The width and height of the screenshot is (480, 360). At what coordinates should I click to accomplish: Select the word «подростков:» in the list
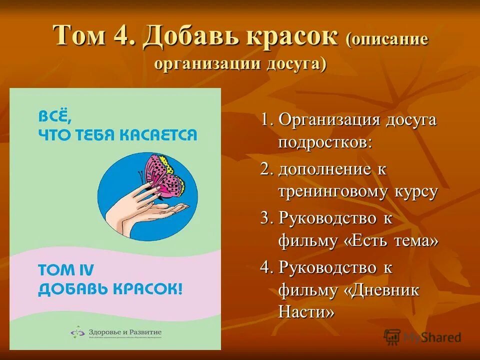(x=325, y=142)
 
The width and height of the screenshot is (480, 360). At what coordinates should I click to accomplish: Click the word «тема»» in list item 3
(x=412, y=240)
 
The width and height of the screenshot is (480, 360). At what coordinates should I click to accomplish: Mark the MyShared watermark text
(x=433, y=337)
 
